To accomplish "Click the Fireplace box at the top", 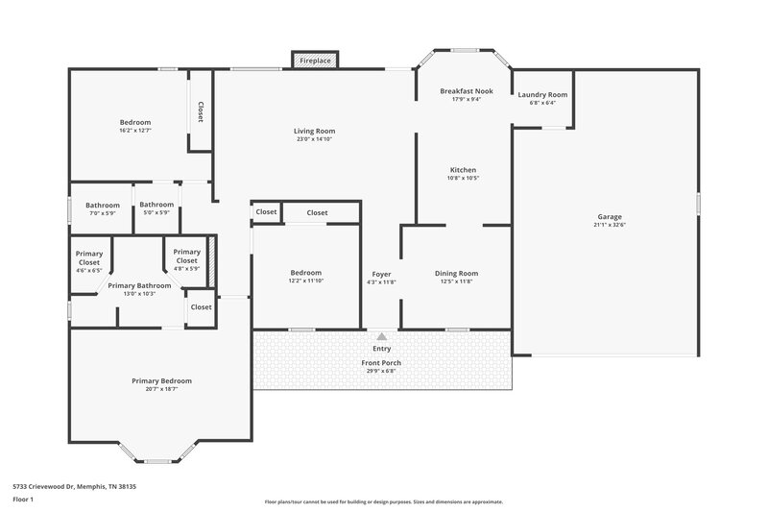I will pos(315,61).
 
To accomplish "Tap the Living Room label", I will pos(314,131).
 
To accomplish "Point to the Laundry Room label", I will pos(542,95).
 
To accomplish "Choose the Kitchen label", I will pos(463,170).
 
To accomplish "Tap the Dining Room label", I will pos(456,273).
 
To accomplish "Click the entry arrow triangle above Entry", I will pos(382,336).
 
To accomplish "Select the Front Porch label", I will pos(381,363).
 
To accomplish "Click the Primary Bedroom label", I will pos(161,381).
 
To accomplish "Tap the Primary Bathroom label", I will pos(139,285).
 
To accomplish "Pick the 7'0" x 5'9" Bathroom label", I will pos(102,205).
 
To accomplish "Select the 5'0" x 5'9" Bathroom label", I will pos(156,204).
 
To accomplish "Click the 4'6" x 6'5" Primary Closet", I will pos(89,257).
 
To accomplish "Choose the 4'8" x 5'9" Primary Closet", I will pos(186,256).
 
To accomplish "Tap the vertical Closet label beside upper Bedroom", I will pos(201,112).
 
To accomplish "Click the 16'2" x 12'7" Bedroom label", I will pos(135,122).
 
